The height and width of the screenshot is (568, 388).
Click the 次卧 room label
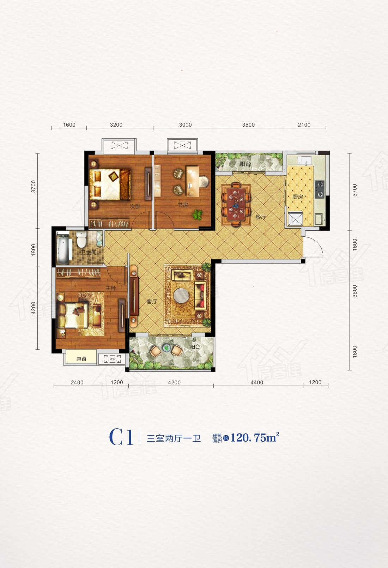coord(135,206)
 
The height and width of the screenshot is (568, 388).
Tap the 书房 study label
coord(183,205)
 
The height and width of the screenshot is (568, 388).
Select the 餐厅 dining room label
coord(261,217)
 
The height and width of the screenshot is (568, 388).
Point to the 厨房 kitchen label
coord(298,197)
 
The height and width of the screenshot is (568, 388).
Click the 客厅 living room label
coord(152,302)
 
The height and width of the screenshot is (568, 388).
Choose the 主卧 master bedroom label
coord(111,288)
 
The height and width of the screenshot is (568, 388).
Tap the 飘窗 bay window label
coord(81,359)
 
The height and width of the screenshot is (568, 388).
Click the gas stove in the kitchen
coord(320,189)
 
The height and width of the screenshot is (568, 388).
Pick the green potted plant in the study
coord(198,215)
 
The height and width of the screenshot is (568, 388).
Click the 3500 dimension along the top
coord(248,125)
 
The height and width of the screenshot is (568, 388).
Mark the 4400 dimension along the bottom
coord(257,382)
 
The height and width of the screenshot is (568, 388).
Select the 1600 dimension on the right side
coord(355,245)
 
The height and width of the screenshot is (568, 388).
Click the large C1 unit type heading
coord(121,437)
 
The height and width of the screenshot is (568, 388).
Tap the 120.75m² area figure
coord(255,437)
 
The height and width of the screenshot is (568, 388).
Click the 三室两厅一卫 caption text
coord(174,438)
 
